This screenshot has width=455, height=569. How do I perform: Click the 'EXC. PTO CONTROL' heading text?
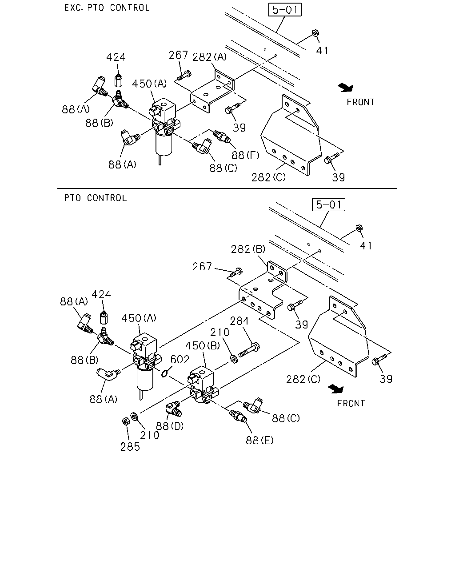pos(107,8)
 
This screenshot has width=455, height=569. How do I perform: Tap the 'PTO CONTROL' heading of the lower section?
pos(96,198)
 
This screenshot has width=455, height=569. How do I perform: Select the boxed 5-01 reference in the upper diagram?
pos(285,10)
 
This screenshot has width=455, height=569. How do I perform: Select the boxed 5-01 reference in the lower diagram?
pos(328,204)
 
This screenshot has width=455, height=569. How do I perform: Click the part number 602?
pos(180,359)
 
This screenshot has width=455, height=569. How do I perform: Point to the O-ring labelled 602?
pos(164,373)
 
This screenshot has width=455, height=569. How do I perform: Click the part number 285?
pos(130,447)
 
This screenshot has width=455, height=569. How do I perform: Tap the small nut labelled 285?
pos(126,421)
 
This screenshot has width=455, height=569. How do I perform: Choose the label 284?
pos(239,321)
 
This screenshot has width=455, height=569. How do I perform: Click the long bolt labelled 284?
pos(249,349)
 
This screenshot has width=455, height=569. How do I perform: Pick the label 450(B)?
pos(203,345)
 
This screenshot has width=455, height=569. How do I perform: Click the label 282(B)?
pos(248,249)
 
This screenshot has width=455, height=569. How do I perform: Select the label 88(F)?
pos(245,155)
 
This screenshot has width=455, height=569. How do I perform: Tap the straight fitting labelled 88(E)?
pos(238,416)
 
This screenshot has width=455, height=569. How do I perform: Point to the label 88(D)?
pos(169,426)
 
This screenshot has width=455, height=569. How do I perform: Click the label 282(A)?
pos(209,57)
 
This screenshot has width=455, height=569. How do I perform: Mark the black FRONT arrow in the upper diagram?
pos(346,88)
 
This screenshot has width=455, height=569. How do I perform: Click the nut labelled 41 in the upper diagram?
pos(315,33)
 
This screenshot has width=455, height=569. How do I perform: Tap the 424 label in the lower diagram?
pos(101,294)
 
